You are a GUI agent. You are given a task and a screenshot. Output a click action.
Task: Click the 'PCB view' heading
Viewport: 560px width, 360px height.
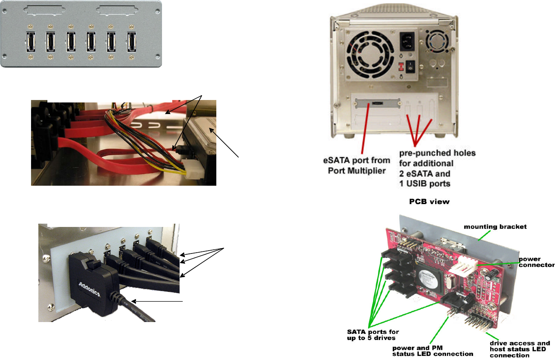point(429,201)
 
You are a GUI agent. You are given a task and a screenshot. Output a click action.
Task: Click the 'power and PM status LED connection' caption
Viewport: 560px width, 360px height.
point(433,351)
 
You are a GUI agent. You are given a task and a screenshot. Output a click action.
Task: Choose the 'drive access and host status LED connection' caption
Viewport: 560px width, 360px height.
point(520,349)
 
